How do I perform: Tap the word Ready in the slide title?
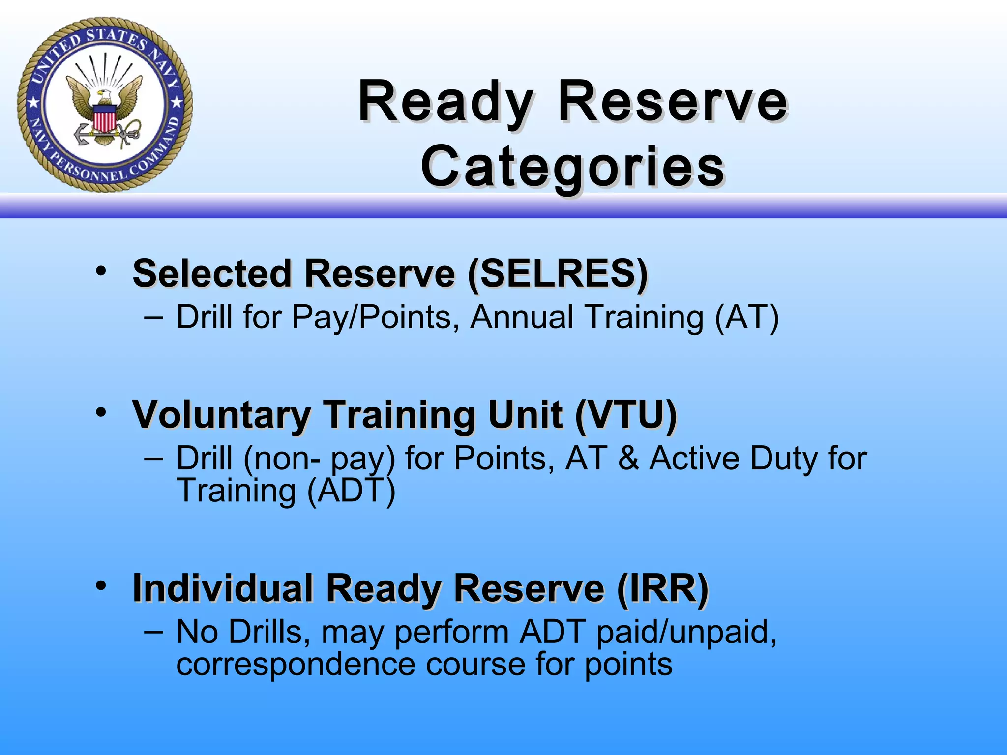445,102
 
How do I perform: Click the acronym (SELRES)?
558,274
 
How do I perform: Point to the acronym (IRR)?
662,588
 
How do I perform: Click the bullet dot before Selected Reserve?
101,271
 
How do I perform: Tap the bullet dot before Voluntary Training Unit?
101,412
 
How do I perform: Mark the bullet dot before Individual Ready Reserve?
101,585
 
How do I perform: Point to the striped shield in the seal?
104,119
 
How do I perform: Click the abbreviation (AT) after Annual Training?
746,318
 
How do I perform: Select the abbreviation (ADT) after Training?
351,491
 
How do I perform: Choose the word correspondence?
296,665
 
